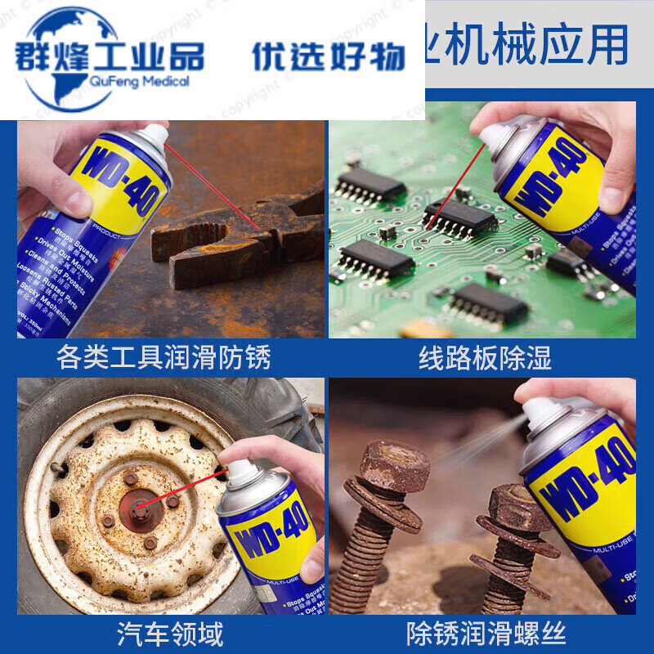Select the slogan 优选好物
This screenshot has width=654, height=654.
pyautogui.click(x=328, y=56)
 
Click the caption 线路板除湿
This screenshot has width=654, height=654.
pyautogui.click(x=485, y=357)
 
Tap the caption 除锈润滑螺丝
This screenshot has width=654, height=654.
pyautogui.click(x=486, y=633)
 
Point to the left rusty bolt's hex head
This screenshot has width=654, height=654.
pyautogui.click(x=395, y=466)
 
